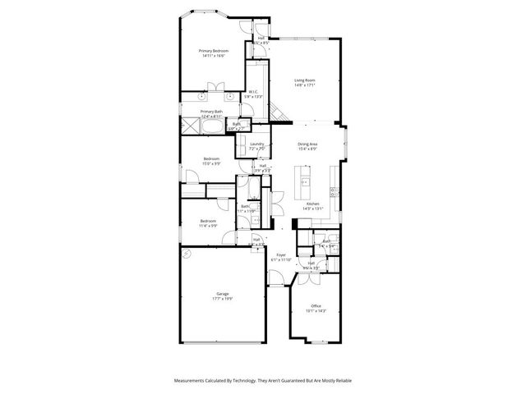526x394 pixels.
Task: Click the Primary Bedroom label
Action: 213,51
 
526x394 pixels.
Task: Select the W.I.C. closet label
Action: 252,92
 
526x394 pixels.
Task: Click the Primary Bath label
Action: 211,112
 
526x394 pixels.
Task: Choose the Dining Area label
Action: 308,144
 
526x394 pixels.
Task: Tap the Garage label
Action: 222,294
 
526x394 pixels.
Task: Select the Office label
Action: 316,306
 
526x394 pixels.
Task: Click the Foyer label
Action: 281,255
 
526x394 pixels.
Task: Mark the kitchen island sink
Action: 305,182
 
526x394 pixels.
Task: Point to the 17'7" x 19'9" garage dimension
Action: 222,299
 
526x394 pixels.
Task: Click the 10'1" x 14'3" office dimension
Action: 316,311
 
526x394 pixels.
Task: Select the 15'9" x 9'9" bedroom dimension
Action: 210,164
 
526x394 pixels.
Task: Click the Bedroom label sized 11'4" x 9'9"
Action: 208,220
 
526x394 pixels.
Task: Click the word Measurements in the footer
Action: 193,381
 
